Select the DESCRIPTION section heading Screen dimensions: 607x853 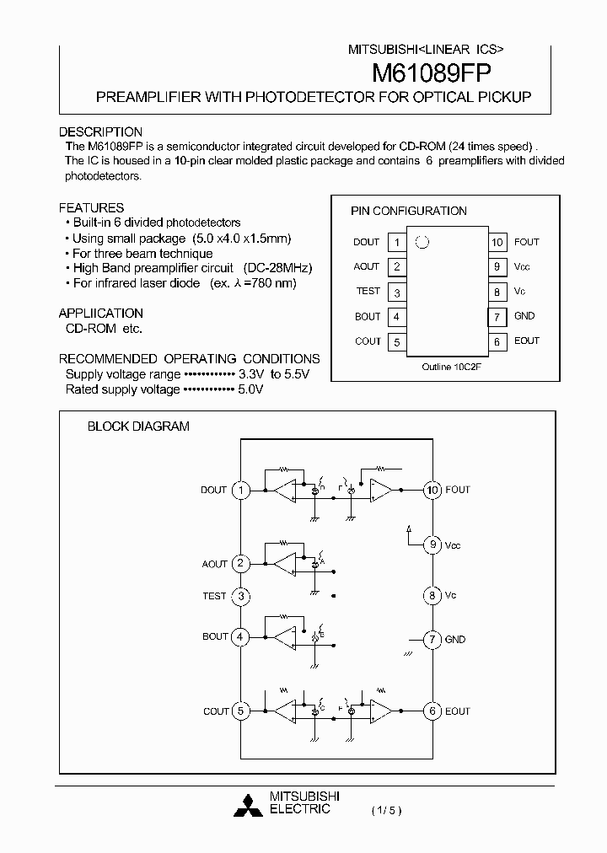pos(100,132)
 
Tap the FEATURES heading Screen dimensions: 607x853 pos(91,207)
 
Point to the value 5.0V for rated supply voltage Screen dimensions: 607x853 pos(250,389)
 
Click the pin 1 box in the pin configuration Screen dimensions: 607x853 pos(395,243)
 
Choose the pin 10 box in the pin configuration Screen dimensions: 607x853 pos(497,243)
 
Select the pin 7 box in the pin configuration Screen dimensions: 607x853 pos(497,317)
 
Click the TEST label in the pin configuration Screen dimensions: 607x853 pos(368,292)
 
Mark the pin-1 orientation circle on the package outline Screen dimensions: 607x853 pos(422,242)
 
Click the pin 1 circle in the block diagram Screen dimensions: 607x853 pos(241,490)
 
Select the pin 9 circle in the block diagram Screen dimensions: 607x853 pos(432,545)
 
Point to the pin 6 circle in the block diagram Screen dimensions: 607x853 pos(432,711)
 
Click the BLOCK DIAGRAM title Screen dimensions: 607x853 pos(138,426)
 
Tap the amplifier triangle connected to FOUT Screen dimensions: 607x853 pos(381,490)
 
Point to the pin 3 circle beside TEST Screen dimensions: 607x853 pos(241,596)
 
